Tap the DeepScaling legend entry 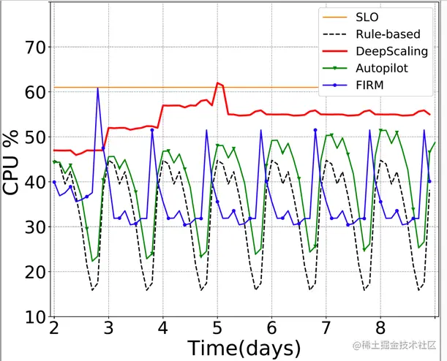391,51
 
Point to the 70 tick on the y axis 35,47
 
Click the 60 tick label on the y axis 35,93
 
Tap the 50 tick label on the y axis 35,137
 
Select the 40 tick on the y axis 35,183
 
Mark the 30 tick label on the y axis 35,227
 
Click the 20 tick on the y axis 35,273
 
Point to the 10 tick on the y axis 35,317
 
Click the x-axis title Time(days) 244,348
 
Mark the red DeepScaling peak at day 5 218,83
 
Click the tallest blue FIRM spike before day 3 97,88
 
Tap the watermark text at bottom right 395,343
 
